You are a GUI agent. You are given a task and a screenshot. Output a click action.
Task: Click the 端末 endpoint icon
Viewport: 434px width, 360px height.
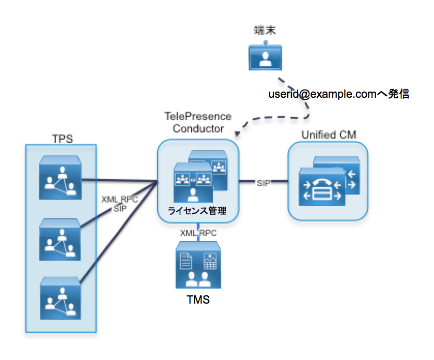pyautogui.click(x=266, y=57)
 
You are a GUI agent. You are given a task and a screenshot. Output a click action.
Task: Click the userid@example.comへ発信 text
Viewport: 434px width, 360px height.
pyautogui.click(x=339, y=95)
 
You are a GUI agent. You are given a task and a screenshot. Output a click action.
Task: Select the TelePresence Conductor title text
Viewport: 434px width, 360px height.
pyautogui.click(x=198, y=122)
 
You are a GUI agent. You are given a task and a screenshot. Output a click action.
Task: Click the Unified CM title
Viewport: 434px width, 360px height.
pyautogui.click(x=329, y=135)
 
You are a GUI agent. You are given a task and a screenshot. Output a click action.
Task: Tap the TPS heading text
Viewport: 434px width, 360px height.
pyautogui.click(x=61, y=138)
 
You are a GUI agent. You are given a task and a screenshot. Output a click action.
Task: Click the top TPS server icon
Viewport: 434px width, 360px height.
pyautogui.click(x=61, y=178)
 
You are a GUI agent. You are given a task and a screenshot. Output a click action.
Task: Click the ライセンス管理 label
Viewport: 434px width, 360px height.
pyautogui.click(x=197, y=211)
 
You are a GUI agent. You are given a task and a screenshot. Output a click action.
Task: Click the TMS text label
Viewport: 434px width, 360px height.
pyautogui.click(x=198, y=299)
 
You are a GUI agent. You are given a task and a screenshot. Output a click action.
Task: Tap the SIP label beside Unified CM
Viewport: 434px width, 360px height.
pyautogui.click(x=263, y=183)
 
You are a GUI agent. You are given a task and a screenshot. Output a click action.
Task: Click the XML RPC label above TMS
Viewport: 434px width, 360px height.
pyautogui.click(x=197, y=233)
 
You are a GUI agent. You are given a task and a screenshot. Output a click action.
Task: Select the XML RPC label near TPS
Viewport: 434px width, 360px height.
pyautogui.click(x=119, y=200)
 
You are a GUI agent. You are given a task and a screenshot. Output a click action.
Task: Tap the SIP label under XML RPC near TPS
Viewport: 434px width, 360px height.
pyautogui.click(x=120, y=208)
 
